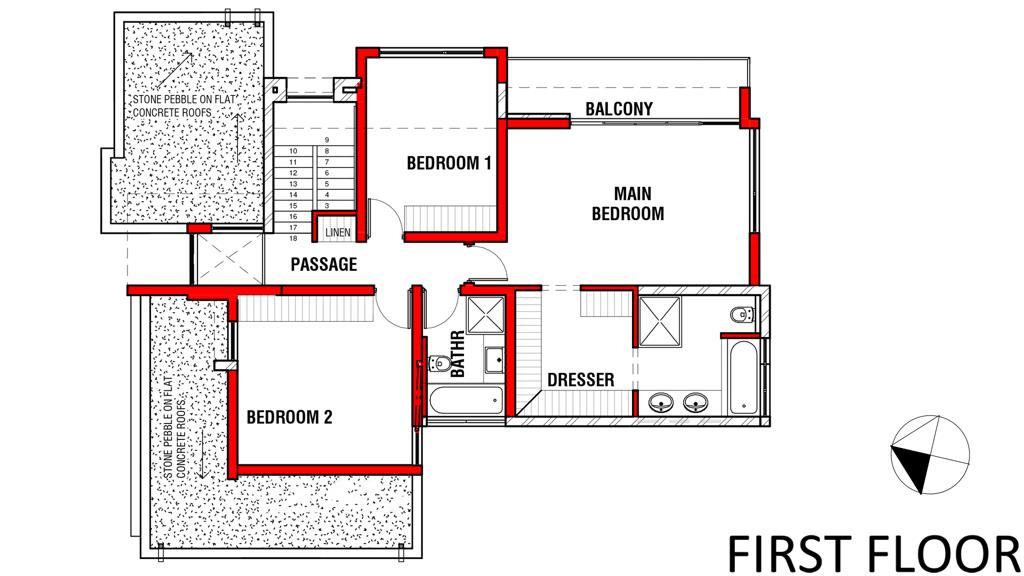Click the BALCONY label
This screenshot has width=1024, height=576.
pos(618,108)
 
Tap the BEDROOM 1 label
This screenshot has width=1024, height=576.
pos(449,162)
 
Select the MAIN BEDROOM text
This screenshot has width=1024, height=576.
pos(628,203)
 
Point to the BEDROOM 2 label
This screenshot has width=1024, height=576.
pos(289,417)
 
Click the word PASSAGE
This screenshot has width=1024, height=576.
pos(324,264)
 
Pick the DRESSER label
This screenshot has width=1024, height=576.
pos(581,379)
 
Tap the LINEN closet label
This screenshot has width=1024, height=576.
pos(338,232)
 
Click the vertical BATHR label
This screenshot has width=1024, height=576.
pos(458,353)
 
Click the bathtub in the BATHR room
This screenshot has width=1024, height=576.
pos(466,400)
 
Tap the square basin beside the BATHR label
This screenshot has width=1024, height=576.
pos(494,360)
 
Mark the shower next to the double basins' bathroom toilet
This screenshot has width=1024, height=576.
pos(660,321)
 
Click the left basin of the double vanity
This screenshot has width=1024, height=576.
pos(662,402)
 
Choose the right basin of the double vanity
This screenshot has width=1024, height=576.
pos(696,402)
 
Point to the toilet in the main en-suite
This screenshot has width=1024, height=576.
pos(743,315)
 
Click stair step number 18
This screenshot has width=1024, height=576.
pos(293,238)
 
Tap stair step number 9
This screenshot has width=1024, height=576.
pos(327,140)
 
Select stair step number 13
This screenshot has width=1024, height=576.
pos(293,184)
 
